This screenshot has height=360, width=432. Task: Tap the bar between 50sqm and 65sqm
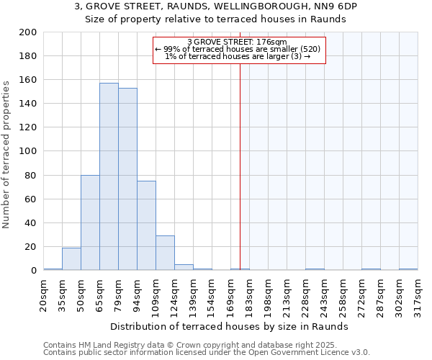(x=90, y=222)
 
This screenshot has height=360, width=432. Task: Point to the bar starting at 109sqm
(x=165, y=253)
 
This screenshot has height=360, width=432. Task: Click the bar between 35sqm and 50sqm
(x=71, y=258)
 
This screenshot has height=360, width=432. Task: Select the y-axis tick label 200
(x=29, y=32)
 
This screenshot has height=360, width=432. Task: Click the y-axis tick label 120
(x=29, y=127)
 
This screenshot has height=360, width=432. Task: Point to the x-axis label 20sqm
(x=43, y=294)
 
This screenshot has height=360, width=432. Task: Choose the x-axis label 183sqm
(x=249, y=294)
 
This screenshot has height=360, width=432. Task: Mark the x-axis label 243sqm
(x=324, y=294)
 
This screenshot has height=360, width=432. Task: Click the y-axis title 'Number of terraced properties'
(x=7, y=154)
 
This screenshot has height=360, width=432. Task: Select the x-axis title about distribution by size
(x=230, y=326)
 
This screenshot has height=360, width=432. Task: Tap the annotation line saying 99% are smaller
(x=237, y=49)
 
